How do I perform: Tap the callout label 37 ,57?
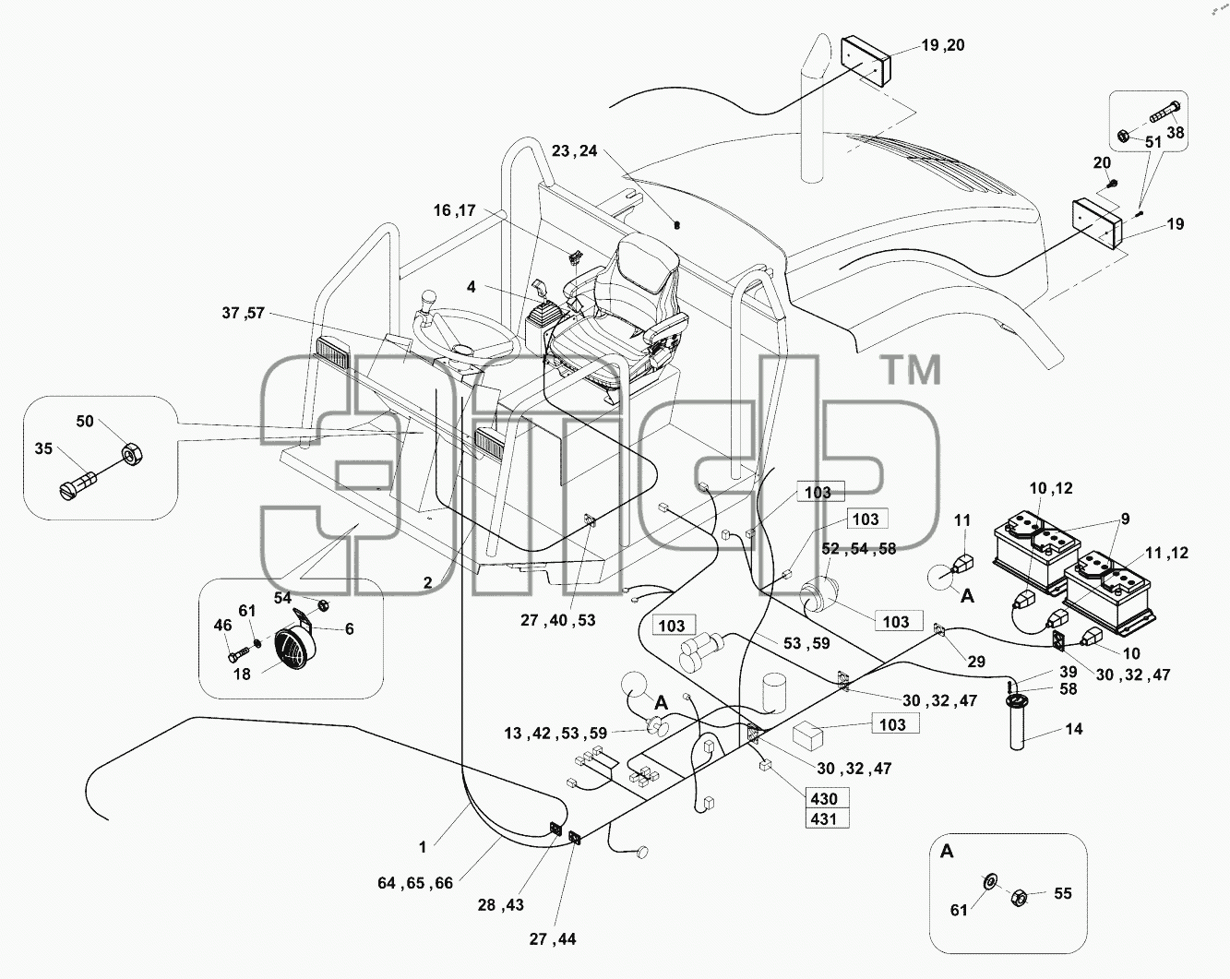click(244, 313)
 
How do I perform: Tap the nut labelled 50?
click(131, 454)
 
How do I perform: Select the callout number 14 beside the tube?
click(1074, 729)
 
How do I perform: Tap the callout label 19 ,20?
click(942, 45)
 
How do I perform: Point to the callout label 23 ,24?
click(574, 151)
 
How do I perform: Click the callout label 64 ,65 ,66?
click(415, 883)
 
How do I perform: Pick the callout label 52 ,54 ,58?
click(858, 549)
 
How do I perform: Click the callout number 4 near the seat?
click(471, 286)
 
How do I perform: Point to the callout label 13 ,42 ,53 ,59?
click(555, 734)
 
